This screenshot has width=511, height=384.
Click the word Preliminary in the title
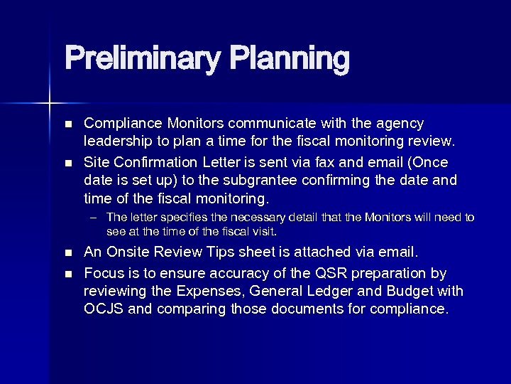[x=141, y=59]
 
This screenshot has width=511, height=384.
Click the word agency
[x=399, y=123]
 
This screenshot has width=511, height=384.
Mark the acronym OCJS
[x=104, y=309]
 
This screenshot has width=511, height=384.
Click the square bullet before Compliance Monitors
[x=68, y=124]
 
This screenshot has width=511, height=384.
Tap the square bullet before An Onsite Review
[x=68, y=252]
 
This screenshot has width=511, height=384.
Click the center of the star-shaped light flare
[x=50, y=104]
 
